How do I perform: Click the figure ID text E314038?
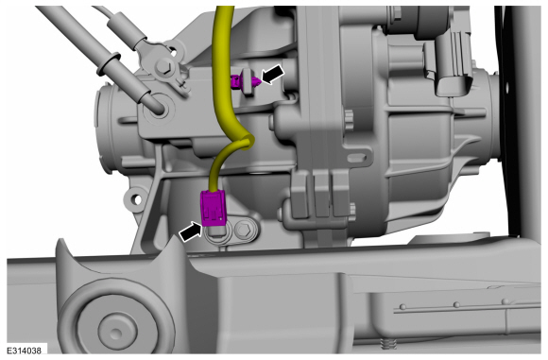pos(24,351)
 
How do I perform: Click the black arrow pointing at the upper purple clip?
pos(273,75)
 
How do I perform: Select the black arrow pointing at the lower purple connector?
pos(191,231)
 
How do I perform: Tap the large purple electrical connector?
pos(214,208)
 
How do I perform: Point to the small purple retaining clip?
pos(246,82)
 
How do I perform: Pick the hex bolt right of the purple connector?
pos(243,231)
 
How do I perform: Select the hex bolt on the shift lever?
pos(163,65)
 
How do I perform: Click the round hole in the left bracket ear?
pos(137,199)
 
